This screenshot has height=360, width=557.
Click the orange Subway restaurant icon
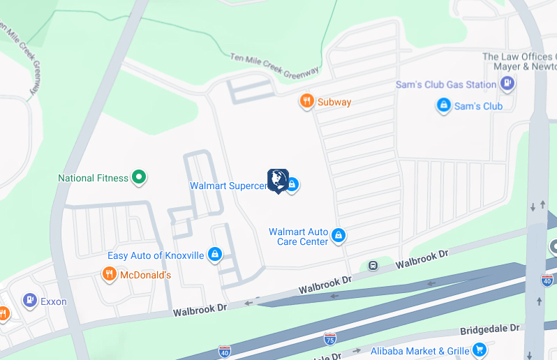(306, 102)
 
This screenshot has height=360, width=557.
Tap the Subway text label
(334, 103)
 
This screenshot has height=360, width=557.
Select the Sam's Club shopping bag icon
(443, 106)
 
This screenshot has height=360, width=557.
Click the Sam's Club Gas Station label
(446, 84)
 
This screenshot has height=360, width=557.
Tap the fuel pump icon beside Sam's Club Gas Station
(507, 84)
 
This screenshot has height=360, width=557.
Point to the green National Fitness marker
(140, 178)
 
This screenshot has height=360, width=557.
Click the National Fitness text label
(94, 179)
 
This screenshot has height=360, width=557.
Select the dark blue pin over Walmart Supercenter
(278, 180)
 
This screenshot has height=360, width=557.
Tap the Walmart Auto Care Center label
(299, 237)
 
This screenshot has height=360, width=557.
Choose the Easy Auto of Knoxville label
(156, 256)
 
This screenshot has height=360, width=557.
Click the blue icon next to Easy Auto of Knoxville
(216, 255)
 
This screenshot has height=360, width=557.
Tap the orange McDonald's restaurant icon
(109, 275)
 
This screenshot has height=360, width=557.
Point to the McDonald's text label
(146, 276)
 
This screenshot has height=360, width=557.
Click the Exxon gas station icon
(29, 301)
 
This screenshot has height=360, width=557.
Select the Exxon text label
(54, 301)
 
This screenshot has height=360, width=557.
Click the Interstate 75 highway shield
(330, 339)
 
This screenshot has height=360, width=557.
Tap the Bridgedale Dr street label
(491, 328)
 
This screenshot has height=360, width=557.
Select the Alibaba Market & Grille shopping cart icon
(479, 350)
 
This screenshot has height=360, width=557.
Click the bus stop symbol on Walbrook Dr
(373, 265)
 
